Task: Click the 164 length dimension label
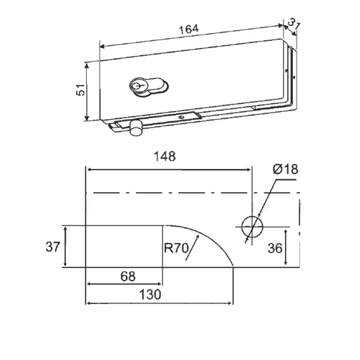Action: pyautogui.click(x=189, y=29)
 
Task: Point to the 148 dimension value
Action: pyautogui.click(x=165, y=156)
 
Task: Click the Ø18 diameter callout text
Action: pyautogui.click(x=285, y=170)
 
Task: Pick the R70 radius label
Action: pyautogui.click(x=176, y=248)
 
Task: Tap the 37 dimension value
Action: pyautogui.click(x=53, y=247)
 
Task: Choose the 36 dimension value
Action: pyautogui.click(x=275, y=248)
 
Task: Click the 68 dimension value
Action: pyautogui.click(x=128, y=276)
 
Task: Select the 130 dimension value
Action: pyautogui.click(x=150, y=295)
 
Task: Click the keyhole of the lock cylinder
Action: pyautogui.click(x=138, y=85)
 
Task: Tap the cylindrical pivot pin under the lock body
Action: pyautogui.click(x=136, y=128)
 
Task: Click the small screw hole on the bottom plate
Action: pyautogui.click(x=181, y=117)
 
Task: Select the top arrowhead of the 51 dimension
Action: pyautogui.click(x=86, y=66)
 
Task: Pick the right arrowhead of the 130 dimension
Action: pyautogui.click(x=230, y=303)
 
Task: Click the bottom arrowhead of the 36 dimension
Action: pyautogui.click(x=286, y=262)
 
